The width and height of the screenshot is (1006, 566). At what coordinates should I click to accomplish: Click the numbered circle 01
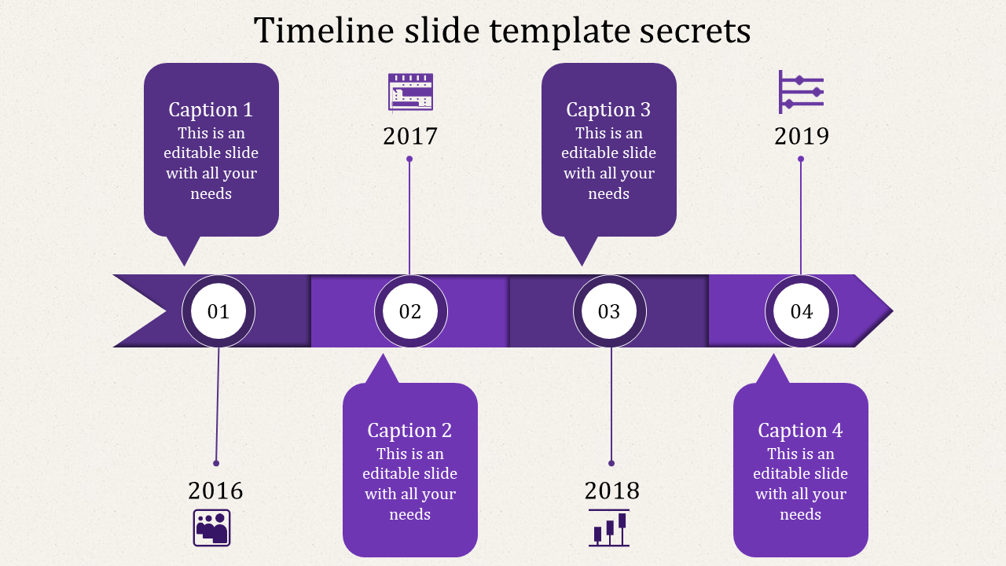[218, 311]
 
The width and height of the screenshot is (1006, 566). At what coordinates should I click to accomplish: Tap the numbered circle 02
[410, 311]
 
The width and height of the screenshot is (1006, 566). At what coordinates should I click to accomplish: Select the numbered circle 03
[609, 311]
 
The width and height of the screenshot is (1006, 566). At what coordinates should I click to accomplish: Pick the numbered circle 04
[801, 311]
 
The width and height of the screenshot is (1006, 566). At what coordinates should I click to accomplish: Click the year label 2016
[215, 491]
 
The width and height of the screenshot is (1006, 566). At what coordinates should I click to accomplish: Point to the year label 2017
[410, 136]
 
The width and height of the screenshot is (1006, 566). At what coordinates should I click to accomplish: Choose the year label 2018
[611, 491]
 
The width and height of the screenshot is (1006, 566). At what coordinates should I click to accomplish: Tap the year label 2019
[802, 136]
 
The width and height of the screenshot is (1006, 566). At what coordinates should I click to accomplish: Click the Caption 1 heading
[211, 110]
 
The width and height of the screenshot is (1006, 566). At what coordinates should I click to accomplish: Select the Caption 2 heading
[409, 431]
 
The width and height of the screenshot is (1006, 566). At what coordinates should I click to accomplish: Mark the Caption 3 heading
[608, 110]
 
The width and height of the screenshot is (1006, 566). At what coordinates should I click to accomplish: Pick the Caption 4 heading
[800, 431]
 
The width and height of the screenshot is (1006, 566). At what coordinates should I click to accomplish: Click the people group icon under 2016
[211, 527]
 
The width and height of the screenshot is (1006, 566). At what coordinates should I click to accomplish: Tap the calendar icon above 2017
[410, 92]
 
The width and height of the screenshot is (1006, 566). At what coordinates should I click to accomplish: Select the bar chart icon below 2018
[609, 527]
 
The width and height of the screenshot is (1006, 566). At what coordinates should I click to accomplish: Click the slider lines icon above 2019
[801, 92]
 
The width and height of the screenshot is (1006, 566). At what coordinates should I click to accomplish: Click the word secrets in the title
[695, 31]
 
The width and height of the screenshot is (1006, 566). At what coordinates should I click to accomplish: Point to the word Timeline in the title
[324, 30]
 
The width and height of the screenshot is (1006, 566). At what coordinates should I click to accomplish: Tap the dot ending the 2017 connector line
[409, 159]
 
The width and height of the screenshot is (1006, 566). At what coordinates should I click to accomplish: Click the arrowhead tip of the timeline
[892, 311]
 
